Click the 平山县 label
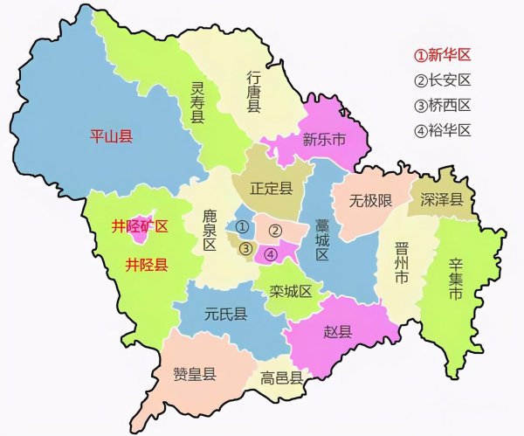click(112, 136)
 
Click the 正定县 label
click(271, 188)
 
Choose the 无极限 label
click(371, 201)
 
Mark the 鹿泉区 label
click(210, 229)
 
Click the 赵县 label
click(339, 330)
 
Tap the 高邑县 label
click(281, 378)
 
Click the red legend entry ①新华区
click(443, 55)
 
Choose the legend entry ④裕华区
click(443, 131)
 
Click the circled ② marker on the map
click(274, 231)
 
